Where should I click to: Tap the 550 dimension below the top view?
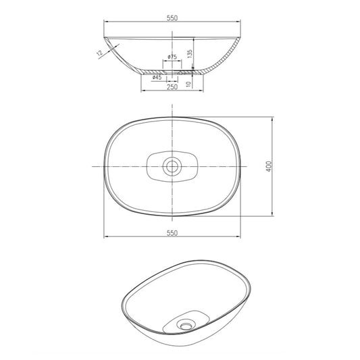[x=172, y=233]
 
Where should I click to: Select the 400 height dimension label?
[x=268, y=166]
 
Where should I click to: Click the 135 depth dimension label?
[x=190, y=54]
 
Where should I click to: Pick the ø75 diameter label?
[x=172, y=57]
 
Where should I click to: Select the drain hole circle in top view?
[x=172, y=165]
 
